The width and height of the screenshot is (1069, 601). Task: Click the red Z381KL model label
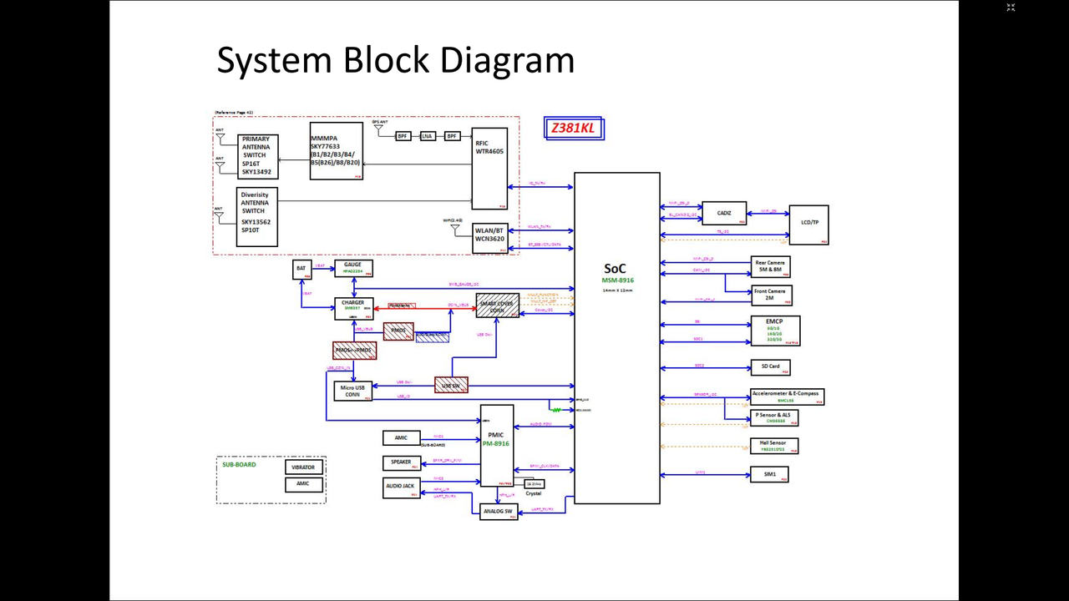point(573,129)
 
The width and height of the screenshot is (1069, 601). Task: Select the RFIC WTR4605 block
point(489,168)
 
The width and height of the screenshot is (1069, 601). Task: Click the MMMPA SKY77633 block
point(336,151)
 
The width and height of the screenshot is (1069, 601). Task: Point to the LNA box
point(428,136)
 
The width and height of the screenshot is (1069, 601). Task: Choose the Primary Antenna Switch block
point(257,156)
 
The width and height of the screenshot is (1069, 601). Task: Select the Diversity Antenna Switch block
point(256,216)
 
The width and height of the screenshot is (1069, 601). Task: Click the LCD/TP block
point(808,224)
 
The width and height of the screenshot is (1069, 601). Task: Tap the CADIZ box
point(723,214)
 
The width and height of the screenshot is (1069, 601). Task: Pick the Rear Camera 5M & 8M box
point(769,266)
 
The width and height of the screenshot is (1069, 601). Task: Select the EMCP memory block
point(775,330)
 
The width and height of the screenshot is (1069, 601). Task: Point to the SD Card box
point(770,366)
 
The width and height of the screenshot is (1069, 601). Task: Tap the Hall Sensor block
point(773,446)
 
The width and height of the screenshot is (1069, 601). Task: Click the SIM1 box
point(769,474)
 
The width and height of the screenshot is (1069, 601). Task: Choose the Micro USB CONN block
point(352,391)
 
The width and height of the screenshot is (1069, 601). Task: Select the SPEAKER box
point(401,462)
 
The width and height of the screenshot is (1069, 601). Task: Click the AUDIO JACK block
point(401,487)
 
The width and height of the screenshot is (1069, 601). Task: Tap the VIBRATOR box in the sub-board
point(303,467)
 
